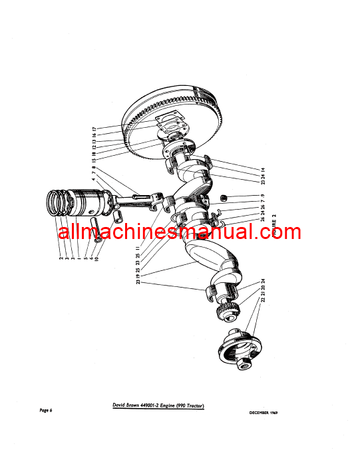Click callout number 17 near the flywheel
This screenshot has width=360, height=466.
tap(94, 127)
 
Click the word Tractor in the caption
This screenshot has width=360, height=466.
tap(189, 407)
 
